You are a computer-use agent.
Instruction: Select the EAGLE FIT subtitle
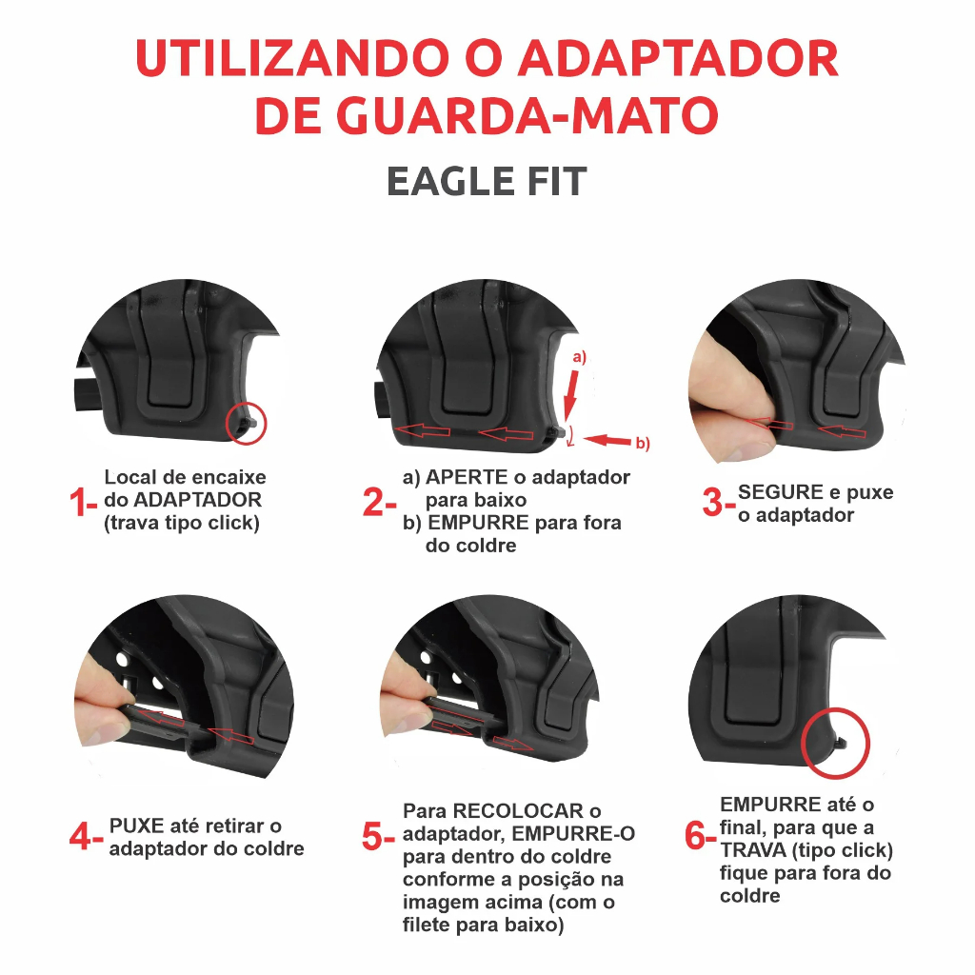point(487,182)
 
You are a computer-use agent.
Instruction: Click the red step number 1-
point(84,502)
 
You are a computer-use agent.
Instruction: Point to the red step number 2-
point(379,502)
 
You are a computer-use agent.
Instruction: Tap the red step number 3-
point(719,502)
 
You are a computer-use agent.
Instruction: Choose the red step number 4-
point(87,836)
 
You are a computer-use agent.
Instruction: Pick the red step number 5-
point(379,836)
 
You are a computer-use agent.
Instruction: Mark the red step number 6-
point(701,835)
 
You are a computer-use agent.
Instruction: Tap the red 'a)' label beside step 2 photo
point(580,358)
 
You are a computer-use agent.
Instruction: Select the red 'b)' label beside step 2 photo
point(643,444)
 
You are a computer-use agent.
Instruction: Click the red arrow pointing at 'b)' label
point(608,441)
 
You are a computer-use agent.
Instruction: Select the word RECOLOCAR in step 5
point(518,811)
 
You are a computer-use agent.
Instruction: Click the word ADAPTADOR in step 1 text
point(198,500)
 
